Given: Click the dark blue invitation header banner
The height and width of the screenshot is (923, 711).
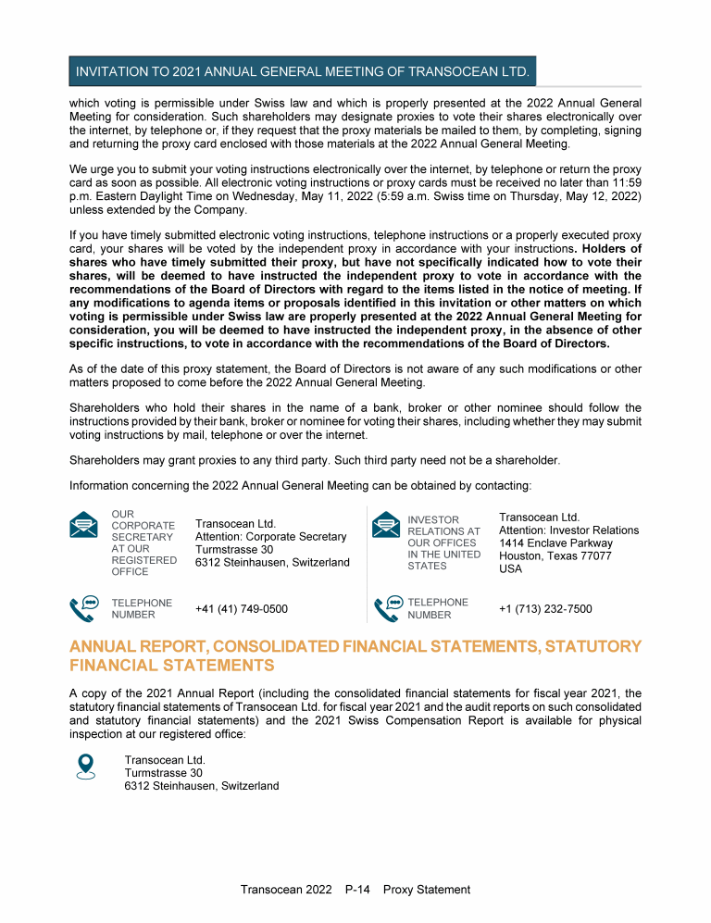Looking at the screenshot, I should [303, 71].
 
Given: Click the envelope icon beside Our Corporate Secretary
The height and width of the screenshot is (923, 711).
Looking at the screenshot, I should [84, 525].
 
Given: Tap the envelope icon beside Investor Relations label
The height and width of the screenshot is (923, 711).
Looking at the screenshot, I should [385, 525].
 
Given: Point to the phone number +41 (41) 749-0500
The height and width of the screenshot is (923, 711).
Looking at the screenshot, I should [241, 608].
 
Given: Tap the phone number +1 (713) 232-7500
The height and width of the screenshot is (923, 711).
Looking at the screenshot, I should [545, 608].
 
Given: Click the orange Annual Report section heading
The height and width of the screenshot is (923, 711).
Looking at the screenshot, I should [355, 655].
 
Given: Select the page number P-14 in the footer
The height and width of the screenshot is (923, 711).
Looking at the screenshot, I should [357, 890].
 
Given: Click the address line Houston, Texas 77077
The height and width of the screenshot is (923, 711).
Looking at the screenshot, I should [555, 556].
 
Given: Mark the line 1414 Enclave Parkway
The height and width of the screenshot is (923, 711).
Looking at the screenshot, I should [555, 543].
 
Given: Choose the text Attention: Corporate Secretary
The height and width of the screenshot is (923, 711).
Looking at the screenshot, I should [270, 537].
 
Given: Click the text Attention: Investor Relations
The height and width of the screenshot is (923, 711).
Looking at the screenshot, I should [568, 530].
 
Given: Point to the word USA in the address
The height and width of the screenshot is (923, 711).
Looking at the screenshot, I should [511, 569].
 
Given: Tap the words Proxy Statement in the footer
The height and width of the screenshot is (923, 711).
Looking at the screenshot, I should [427, 890].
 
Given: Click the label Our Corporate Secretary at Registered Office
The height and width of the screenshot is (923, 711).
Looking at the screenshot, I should [143, 543].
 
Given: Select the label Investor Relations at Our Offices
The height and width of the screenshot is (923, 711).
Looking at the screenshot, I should [443, 543].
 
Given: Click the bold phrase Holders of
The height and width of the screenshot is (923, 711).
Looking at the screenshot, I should [610, 249].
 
